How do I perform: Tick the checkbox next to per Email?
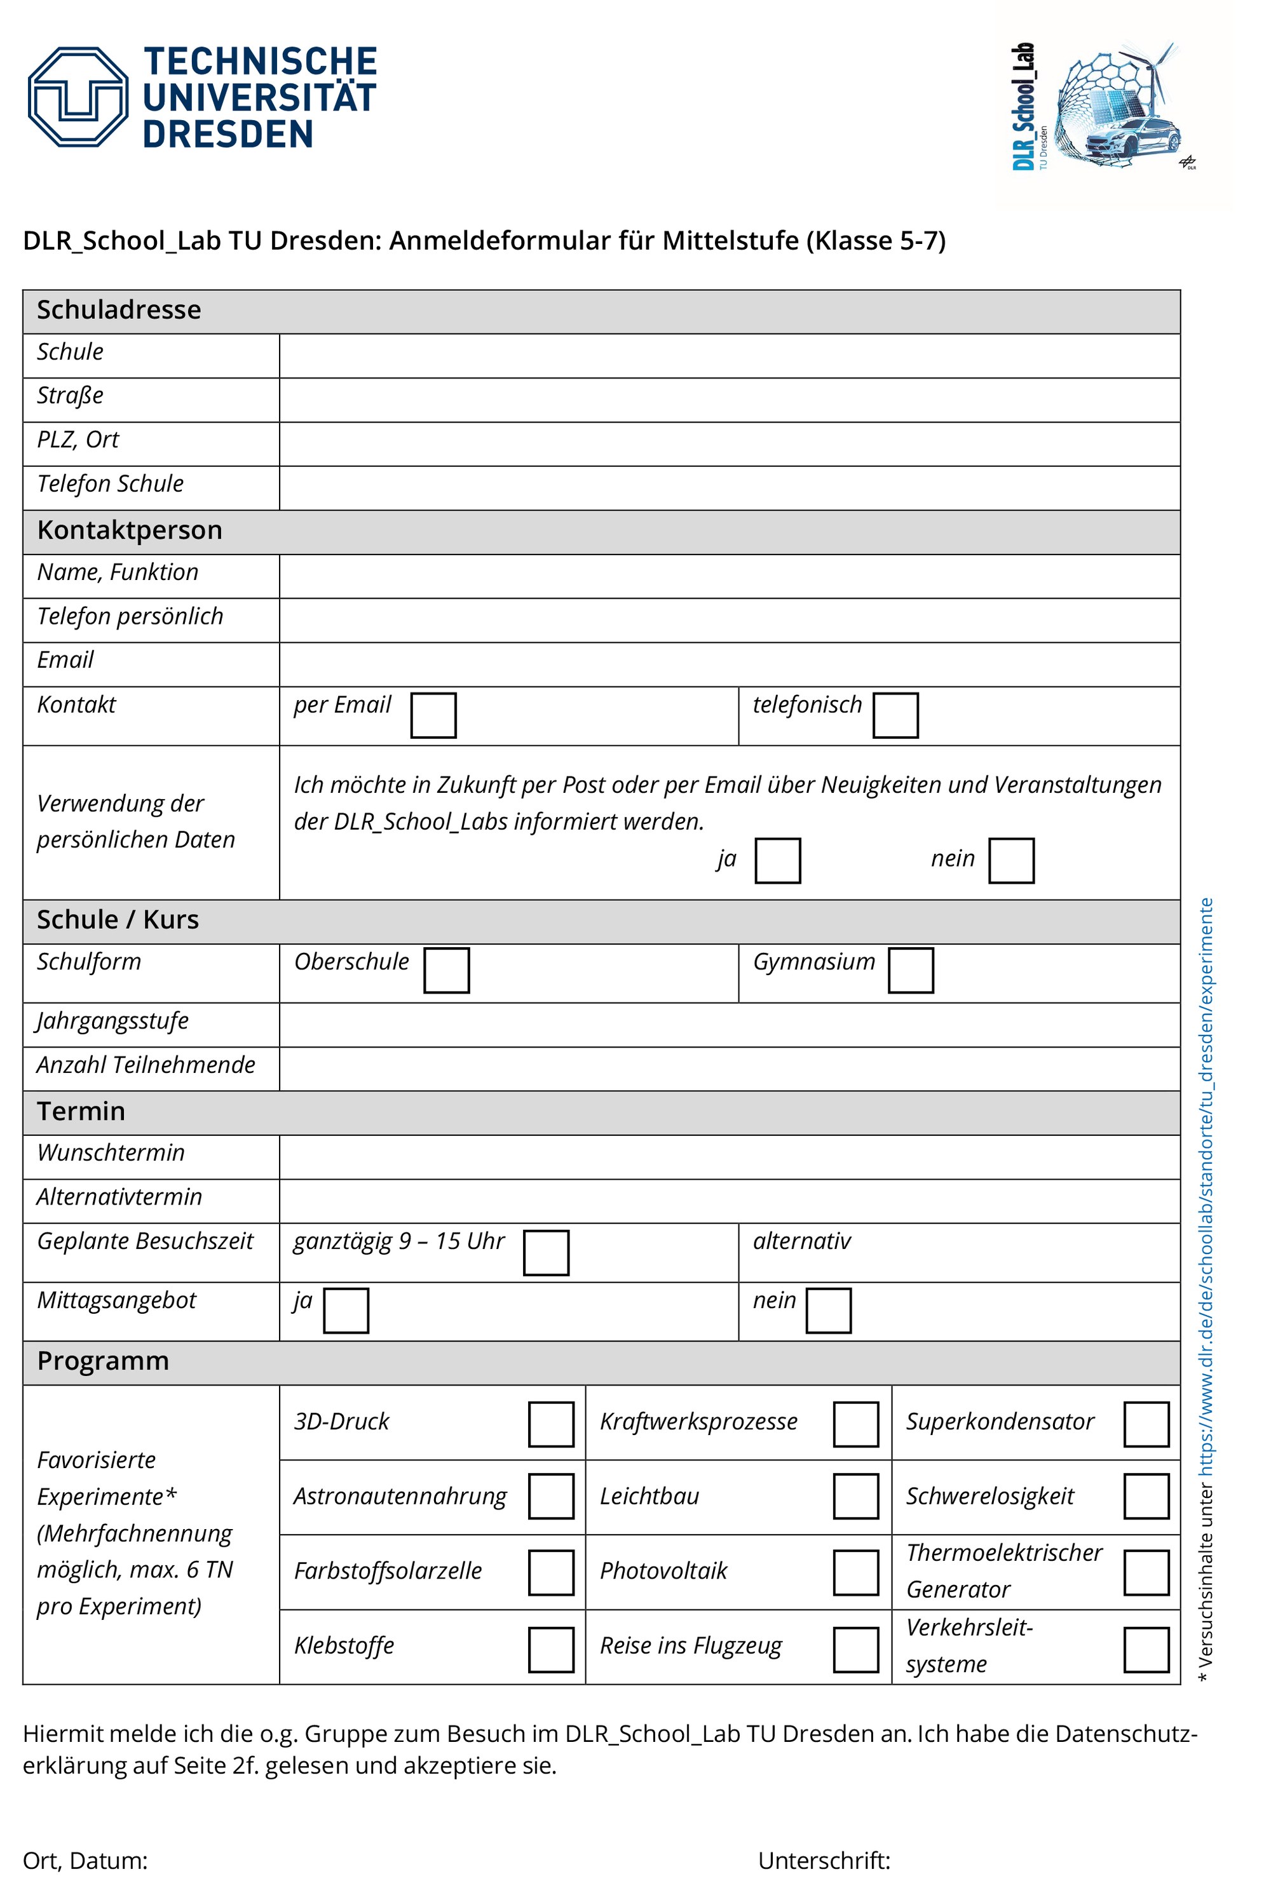pyautogui.click(x=433, y=715)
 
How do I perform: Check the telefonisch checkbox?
pyautogui.click(x=895, y=715)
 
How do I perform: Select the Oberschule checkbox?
pyautogui.click(x=446, y=970)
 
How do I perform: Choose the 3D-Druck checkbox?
pyautogui.click(x=550, y=1424)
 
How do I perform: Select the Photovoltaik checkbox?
pyautogui.click(x=855, y=1572)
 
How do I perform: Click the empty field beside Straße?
pyautogui.click(x=729, y=400)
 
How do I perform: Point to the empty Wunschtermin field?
pyautogui.click(x=729, y=1156)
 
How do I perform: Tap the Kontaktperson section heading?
pyautogui.click(x=130, y=530)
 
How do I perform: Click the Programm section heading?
pyautogui.click(x=103, y=1361)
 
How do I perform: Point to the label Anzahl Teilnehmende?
pyautogui.click(x=146, y=1065)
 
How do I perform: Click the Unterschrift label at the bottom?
pyautogui.click(x=824, y=1860)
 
